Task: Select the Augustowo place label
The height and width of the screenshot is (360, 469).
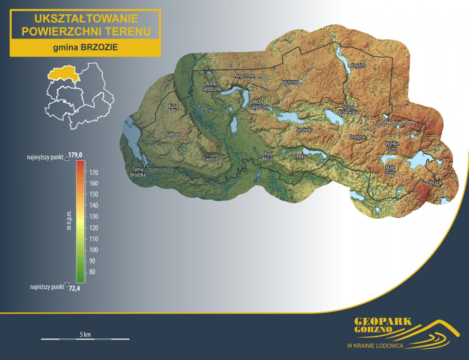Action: click(x=245, y=75)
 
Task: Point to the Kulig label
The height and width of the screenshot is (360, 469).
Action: click(x=173, y=107)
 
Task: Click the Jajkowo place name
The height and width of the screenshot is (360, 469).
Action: click(x=174, y=134)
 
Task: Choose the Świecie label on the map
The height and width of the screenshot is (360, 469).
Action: click(x=211, y=159)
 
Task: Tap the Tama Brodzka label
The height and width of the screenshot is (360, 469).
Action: click(x=138, y=172)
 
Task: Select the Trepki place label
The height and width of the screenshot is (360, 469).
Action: click(x=299, y=157)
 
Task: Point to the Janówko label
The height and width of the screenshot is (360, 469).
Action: click(x=304, y=130)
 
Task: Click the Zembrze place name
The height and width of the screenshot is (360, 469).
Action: click(x=357, y=137)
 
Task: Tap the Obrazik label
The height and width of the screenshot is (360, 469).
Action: click(x=435, y=182)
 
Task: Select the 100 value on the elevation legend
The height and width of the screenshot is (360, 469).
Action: click(x=93, y=249)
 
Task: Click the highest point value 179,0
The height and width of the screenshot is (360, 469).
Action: click(x=82, y=155)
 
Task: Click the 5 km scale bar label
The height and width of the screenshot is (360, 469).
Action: click(x=85, y=334)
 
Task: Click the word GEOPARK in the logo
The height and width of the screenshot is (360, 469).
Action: click(x=383, y=322)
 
